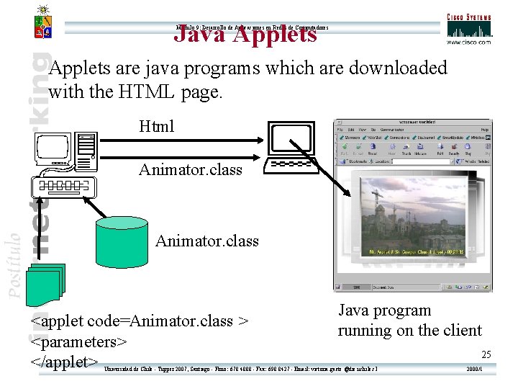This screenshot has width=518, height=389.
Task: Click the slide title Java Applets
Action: [246, 33]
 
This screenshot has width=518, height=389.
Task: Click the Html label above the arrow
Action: [157, 127]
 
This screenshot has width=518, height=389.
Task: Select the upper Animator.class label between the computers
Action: [191, 170]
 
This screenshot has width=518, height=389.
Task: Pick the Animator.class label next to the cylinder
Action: [207, 241]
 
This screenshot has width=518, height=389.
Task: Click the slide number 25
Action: [486, 354]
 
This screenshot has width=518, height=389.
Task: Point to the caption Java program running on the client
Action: [409, 321]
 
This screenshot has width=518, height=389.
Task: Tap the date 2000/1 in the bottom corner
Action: [475, 369]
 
